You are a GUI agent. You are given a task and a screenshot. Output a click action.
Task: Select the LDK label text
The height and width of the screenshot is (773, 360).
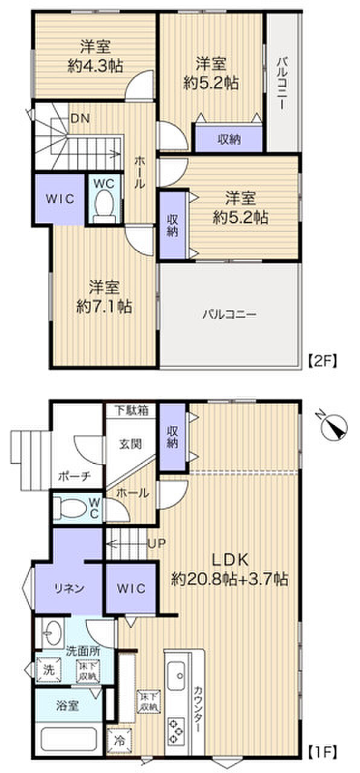230,558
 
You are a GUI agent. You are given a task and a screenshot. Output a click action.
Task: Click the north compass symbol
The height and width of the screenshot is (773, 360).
334,426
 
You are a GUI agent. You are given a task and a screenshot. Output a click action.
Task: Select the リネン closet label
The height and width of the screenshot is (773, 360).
70,588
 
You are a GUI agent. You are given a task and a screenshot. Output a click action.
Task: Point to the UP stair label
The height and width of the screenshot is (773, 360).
156,542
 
